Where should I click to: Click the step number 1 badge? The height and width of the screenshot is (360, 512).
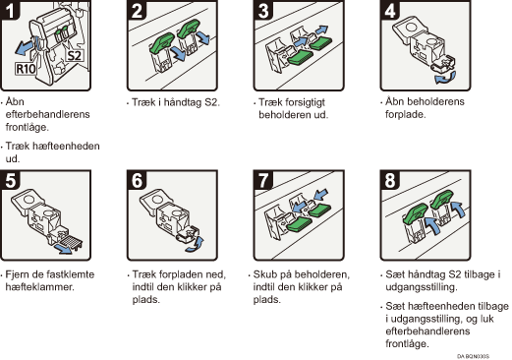[x=10, y=9]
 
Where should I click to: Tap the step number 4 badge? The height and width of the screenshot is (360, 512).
[x=390, y=9]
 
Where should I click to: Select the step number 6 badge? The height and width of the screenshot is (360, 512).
[x=137, y=180]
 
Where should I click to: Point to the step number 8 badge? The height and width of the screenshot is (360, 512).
[x=390, y=180]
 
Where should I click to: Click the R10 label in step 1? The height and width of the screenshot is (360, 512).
[x=26, y=69]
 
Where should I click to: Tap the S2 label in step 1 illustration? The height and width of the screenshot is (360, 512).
[x=74, y=55]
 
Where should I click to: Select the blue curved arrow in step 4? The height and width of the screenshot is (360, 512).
[x=445, y=78]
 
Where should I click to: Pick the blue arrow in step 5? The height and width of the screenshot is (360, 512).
[x=63, y=248]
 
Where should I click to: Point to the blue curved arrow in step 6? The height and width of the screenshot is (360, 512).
[x=196, y=245]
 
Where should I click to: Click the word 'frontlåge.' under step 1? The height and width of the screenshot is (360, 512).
[x=28, y=127]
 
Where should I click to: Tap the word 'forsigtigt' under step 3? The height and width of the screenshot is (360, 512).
[x=292, y=102]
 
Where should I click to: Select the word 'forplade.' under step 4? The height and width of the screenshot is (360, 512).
[x=406, y=114]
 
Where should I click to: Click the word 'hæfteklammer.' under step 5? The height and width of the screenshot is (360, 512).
[x=40, y=287]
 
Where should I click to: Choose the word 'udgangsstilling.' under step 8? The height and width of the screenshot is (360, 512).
[x=421, y=287]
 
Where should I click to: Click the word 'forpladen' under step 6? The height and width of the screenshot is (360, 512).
[x=177, y=274]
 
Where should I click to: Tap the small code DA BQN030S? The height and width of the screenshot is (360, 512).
[x=473, y=356]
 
